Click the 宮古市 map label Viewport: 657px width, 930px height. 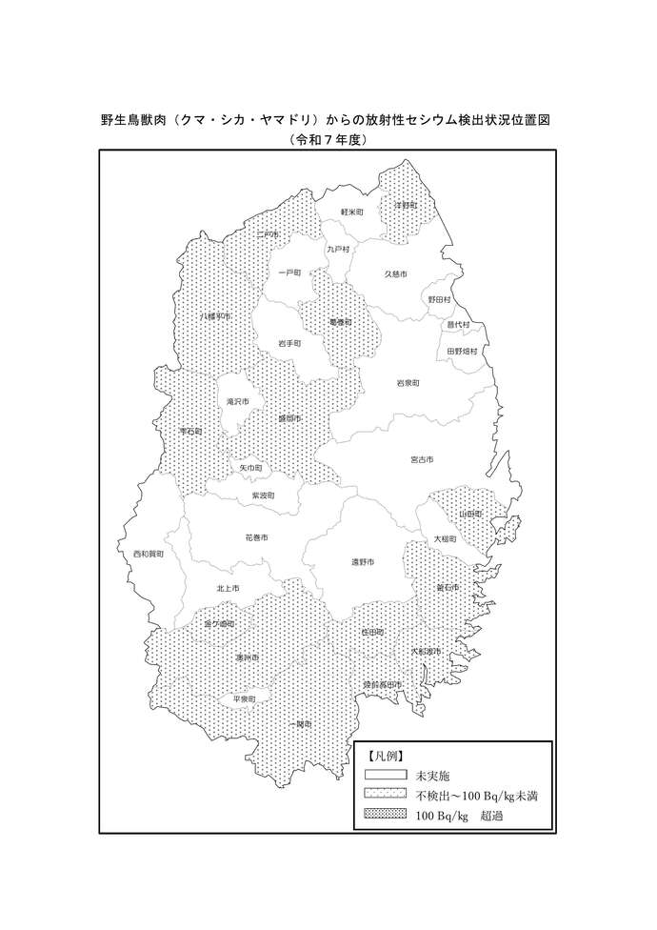click(x=421, y=459)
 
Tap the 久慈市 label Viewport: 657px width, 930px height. click(x=395, y=274)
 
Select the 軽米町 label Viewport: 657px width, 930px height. click(x=352, y=212)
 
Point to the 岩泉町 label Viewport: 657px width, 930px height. click(x=408, y=382)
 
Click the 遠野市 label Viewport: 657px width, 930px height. click(x=362, y=562)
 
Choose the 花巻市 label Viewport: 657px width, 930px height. click(x=256, y=537)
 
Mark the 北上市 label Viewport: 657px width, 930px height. click(x=228, y=588)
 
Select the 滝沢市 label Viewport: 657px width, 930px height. click(x=237, y=402)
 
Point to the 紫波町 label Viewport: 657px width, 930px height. click(x=263, y=495)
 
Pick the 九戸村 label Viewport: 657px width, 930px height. click(x=338, y=249)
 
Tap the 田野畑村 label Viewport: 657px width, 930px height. click(x=463, y=351)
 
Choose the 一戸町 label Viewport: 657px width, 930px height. click(x=289, y=273)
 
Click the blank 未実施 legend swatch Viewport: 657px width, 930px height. click(x=386, y=776)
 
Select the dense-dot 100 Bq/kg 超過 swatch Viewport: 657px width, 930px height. click(x=386, y=815)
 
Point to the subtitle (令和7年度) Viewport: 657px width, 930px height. click(x=328, y=139)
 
